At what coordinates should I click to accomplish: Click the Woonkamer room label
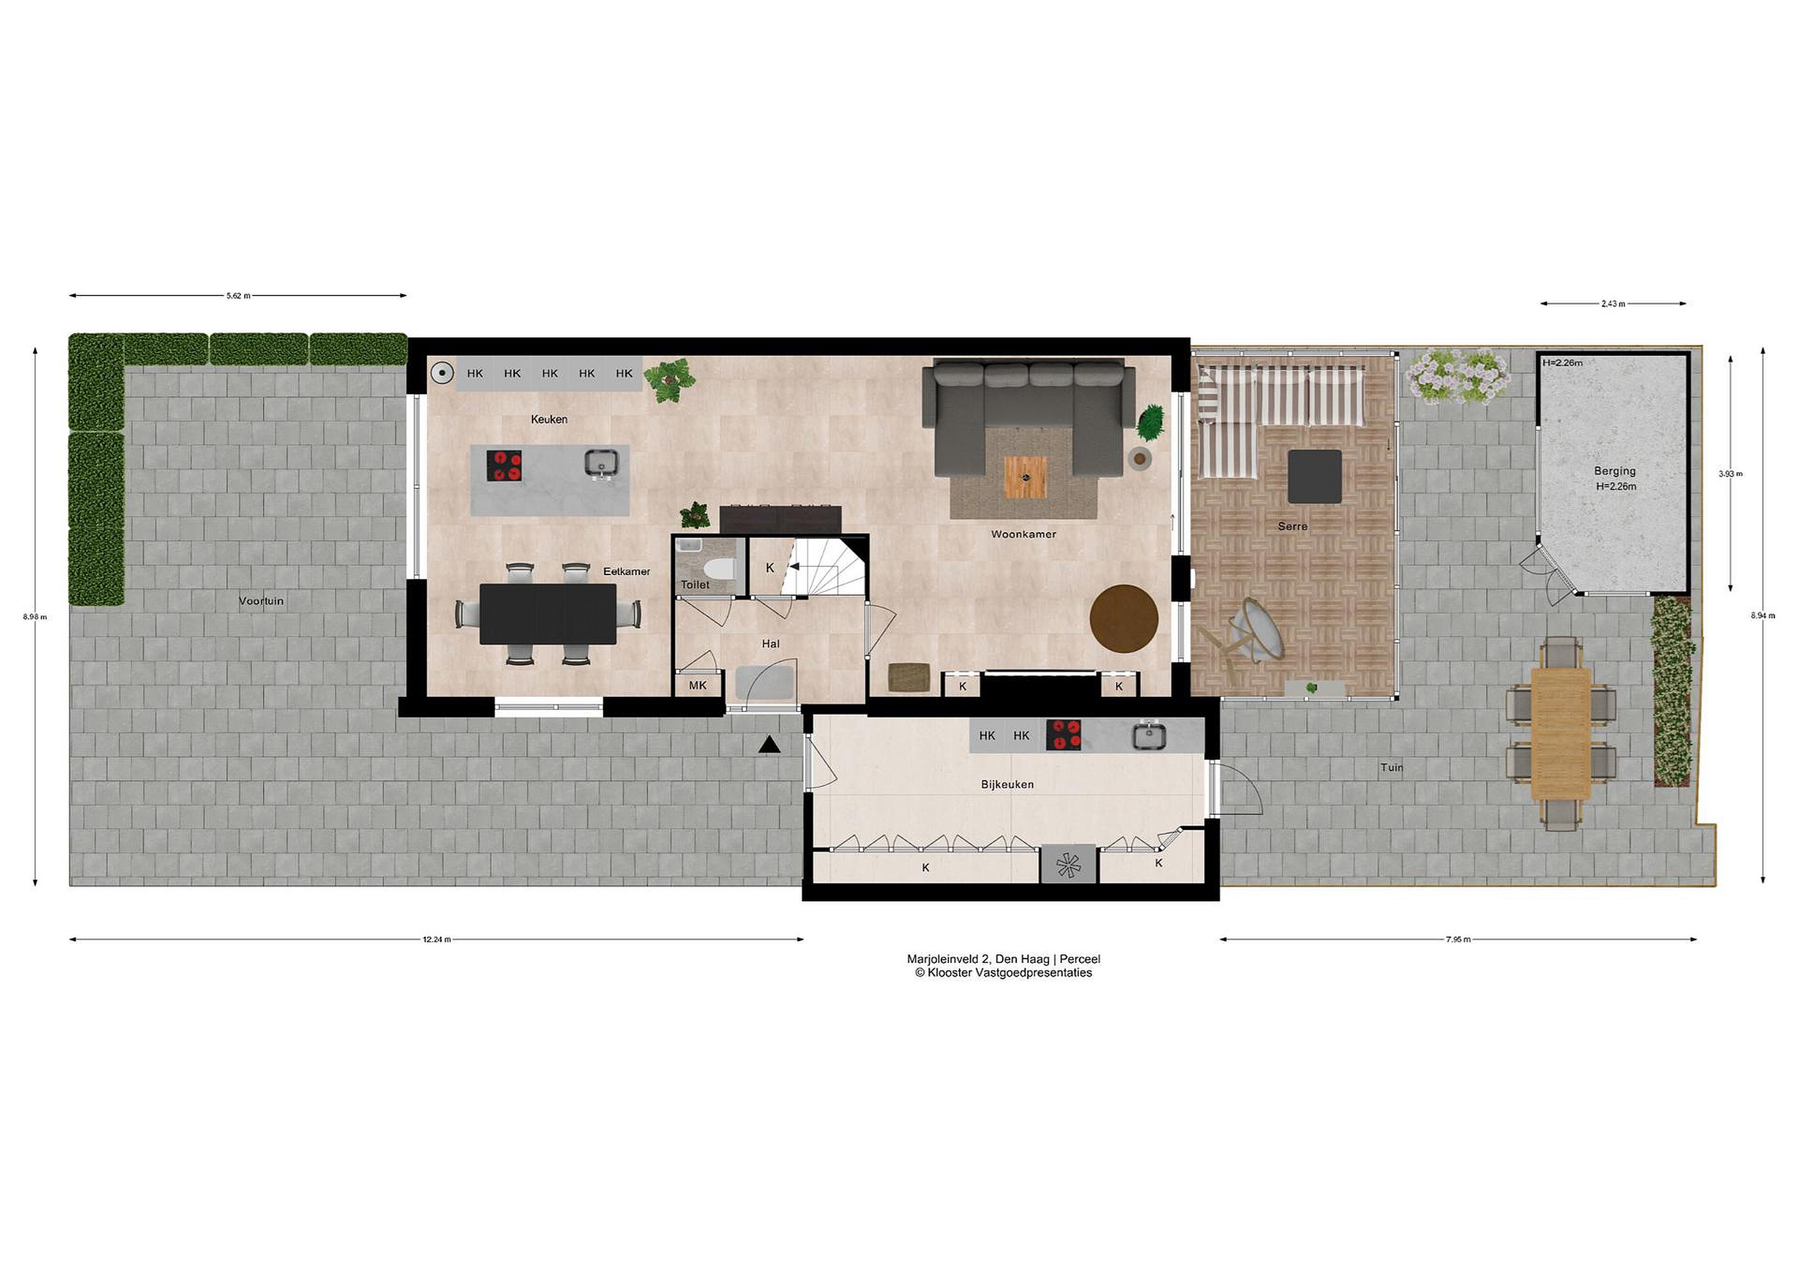click(1023, 534)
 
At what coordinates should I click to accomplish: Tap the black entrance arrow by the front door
click(770, 746)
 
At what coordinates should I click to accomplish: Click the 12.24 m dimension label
click(437, 940)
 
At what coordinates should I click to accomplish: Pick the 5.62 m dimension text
click(238, 296)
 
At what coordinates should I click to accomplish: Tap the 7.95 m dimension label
click(1458, 940)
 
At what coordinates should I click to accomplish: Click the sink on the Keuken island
click(601, 464)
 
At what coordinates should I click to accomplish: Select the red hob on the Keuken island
click(505, 465)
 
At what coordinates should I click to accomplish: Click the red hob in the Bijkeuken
click(1063, 736)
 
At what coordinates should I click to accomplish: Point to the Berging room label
click(1614, 471)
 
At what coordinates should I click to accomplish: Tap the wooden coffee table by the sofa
click(1026, 477)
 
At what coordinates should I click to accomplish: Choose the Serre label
click(1292, 526)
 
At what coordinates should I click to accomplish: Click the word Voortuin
click(262, 601)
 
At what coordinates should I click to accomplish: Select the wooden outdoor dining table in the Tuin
click(1561, 733)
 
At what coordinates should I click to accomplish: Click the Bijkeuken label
click(1007, 784)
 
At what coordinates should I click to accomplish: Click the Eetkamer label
click(626, 571)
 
